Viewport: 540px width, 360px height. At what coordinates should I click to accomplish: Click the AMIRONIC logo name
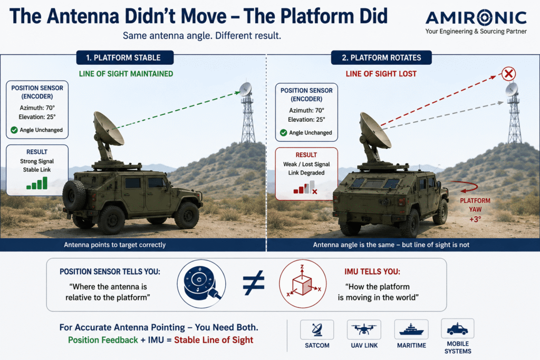476,17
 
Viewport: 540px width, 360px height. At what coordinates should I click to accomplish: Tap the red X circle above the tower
508,74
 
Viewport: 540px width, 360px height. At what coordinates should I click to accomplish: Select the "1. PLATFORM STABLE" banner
124,57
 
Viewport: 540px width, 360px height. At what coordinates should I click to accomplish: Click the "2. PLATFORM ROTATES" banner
381,57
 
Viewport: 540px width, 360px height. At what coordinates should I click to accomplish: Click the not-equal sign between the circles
254,283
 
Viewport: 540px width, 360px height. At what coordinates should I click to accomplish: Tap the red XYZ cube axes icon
303,284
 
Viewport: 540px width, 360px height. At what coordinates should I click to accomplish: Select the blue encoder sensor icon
201,284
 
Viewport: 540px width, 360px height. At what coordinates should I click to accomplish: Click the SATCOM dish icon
317,330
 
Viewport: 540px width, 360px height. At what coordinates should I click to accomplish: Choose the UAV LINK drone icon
364,329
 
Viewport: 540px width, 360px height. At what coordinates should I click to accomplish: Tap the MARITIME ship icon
411,329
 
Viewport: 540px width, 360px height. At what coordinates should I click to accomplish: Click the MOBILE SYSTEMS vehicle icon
457,329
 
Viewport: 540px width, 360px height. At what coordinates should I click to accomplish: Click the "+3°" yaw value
475,219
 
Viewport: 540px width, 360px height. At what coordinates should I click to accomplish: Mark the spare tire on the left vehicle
73,195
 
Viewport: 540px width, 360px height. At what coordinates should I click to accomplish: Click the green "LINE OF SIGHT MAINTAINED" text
126,74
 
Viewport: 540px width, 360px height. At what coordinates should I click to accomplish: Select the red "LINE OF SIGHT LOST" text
381,74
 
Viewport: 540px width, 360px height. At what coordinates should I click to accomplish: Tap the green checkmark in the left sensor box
14,130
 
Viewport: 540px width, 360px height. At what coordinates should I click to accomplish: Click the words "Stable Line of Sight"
214,340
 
